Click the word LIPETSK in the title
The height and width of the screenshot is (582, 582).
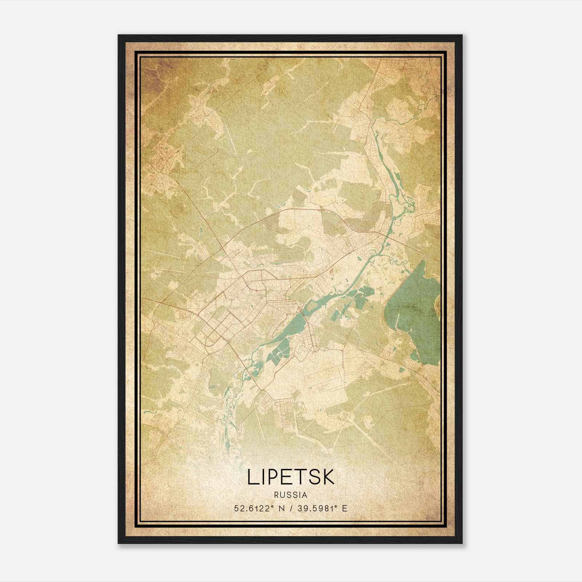point(291,477)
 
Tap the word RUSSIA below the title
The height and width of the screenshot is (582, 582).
point(291,495)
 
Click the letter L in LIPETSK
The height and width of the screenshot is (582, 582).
point(253,477)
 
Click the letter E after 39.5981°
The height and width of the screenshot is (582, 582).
point(345,508)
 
